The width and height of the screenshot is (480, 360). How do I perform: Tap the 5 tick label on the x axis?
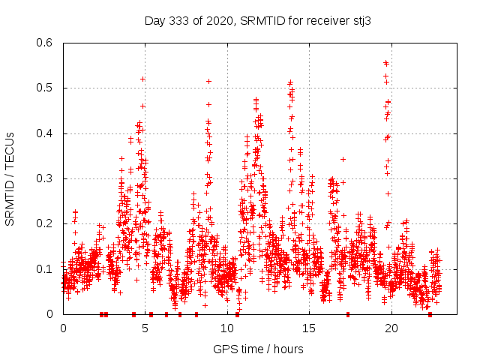[145, 328]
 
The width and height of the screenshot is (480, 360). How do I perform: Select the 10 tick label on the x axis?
[227, 328]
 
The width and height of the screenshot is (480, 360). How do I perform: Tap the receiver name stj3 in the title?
[362, 21]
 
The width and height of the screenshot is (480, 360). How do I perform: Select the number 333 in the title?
[178, 21]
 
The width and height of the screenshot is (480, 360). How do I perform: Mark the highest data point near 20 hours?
[385, 63]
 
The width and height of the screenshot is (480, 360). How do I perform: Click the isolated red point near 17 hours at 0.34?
[343, 159]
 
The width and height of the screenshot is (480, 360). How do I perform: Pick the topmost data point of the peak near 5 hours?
[142, 79]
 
